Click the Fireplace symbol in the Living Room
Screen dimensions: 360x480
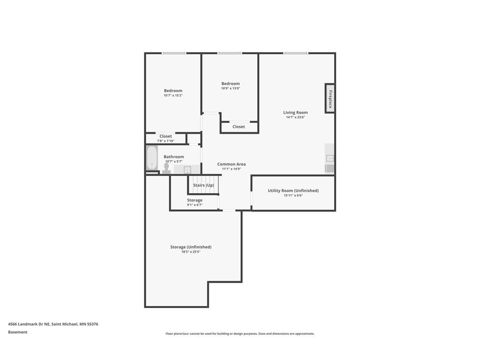coord(330,98)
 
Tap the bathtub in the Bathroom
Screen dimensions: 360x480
coord(152,158)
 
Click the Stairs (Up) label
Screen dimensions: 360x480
coord(203,185)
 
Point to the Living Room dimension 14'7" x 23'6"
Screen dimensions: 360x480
coord(295,117)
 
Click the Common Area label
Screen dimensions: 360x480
coord(231,164)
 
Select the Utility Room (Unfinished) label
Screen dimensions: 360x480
coord(293,190)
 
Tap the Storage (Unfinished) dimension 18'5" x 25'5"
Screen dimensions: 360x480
coord(190,252)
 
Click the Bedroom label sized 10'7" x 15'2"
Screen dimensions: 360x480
coord(173,90)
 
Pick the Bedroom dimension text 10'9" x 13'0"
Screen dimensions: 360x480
coord(231,88)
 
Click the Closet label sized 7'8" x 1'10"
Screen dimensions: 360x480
coord(165,136)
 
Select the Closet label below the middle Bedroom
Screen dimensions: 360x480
coord(239,127)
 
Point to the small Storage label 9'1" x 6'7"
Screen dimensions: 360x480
coord(195,200)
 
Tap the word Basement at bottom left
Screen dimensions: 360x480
coord(18,332)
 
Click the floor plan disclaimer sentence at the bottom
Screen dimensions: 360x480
coord(240,334)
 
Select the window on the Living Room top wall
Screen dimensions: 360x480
coord(296,53)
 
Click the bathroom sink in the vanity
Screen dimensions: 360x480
coord(187,170)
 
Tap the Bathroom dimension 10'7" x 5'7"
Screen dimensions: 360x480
coord(173,161)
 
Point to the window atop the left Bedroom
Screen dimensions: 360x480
coord(174,53)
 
